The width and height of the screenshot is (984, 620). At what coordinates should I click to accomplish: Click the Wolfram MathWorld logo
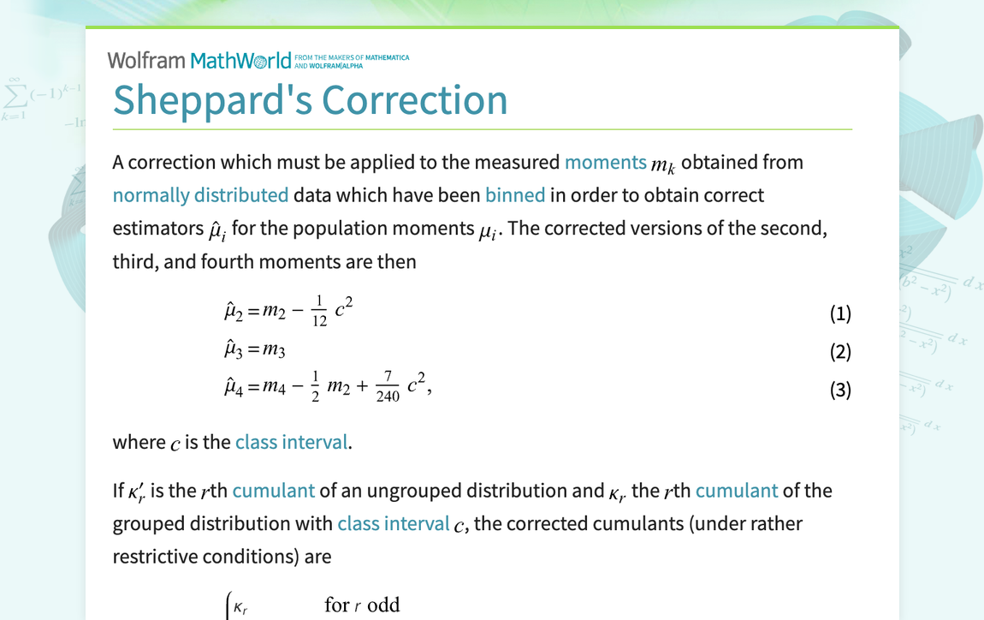199,60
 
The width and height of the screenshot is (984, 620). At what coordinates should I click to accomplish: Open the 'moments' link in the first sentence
605,162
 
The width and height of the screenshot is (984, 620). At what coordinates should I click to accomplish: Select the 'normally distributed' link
200,194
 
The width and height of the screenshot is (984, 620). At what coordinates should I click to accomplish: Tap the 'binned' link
515,194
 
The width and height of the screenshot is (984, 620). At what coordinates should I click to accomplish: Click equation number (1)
840,313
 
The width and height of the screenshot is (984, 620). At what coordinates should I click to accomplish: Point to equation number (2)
840,351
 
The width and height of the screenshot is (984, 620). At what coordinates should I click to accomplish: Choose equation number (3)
840,390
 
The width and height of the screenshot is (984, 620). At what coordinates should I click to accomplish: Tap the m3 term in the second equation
274,350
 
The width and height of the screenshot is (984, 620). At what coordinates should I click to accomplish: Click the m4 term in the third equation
274,388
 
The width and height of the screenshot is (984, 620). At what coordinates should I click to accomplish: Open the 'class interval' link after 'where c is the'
292,442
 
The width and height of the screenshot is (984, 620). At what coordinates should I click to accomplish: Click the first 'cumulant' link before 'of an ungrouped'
274,491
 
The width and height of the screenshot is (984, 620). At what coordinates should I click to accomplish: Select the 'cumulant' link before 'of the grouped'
737,491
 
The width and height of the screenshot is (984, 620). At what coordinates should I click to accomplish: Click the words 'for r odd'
362,605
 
